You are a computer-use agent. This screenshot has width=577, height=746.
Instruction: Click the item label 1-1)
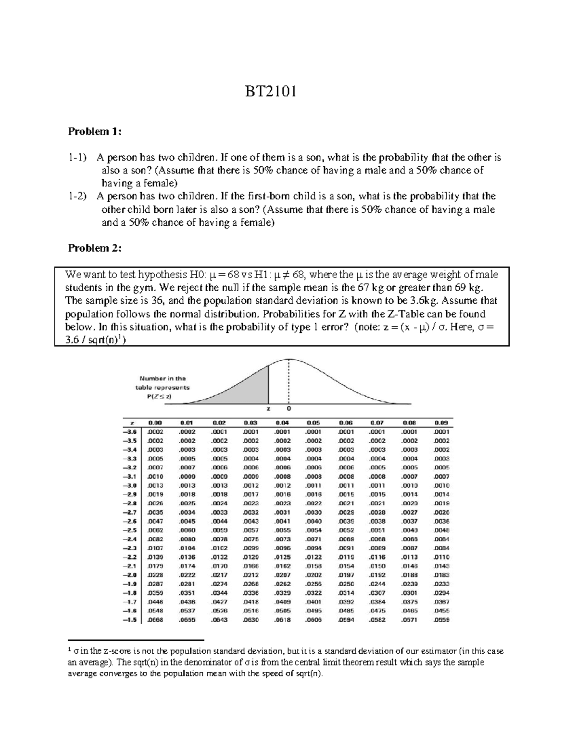click(x=78, y=158)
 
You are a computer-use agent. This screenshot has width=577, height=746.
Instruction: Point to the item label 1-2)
click(x=78, y=196)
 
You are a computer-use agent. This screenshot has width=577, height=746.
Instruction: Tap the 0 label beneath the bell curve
click(x=288, y=409)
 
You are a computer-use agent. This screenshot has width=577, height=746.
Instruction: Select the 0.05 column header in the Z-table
click(x=313, y=423)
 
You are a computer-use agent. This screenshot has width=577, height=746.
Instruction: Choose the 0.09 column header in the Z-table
click(x=441, y=423)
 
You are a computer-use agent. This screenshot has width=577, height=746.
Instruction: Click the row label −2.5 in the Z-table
click(x=130, y=530)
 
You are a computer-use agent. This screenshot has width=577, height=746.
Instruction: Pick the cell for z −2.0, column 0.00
click(x=156, y=575)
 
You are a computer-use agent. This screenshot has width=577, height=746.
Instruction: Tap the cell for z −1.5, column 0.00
click(x=156, y=620)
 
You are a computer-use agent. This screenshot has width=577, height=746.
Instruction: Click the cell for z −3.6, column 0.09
click(x=441, y=432)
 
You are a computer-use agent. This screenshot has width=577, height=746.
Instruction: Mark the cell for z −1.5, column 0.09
click(x=441, y=620)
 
